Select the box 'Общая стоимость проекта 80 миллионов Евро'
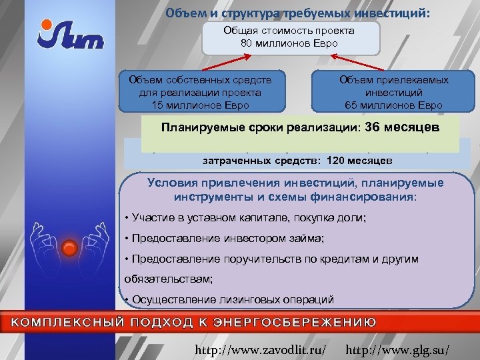(289, 37)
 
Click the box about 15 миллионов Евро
(201, 92)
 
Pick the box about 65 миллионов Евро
(393, 92)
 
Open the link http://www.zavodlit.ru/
(260, 349)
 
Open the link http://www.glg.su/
(399, 349)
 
